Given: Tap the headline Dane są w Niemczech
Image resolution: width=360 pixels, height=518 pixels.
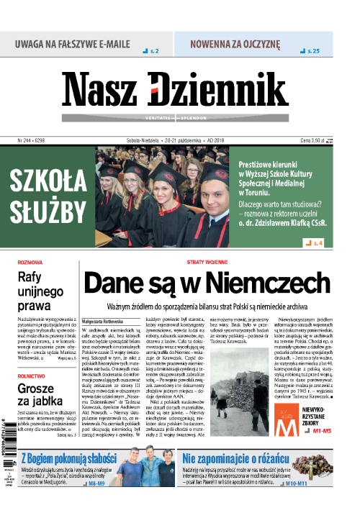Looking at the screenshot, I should [x=207, y=281].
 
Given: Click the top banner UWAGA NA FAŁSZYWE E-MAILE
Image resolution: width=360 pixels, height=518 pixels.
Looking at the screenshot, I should [x=71, y=42].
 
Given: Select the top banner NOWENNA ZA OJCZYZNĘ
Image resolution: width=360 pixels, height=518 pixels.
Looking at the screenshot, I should [x=235, y=42].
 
